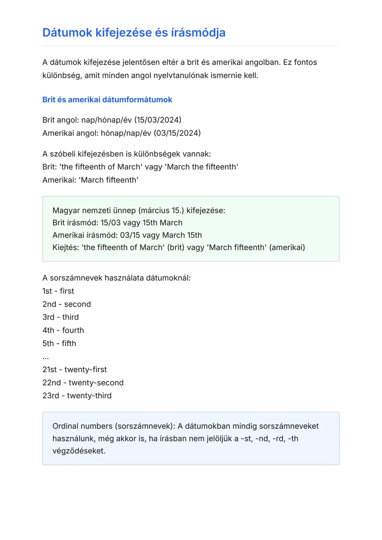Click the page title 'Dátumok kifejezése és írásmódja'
(x=134, y=33)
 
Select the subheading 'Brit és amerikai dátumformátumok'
(x=107, y=100)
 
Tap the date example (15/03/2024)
(x=158, y=120)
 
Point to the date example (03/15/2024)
(x=177, y=133)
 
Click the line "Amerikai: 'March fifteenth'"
(x=90, y=180)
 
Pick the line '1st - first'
(x=58, y=291)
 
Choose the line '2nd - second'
(x=66, y=304)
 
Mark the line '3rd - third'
(x=60, y=317)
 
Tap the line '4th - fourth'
(x=63, y=330)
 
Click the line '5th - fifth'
(x=59, y=343)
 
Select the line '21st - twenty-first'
(x=75, y=370)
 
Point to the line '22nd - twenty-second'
(x=83, y=383)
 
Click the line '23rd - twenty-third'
(x=77, y=396)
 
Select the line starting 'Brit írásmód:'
(x=117, y=223)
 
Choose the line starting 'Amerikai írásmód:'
(x=127, y=235)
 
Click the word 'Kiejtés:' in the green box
(x=66, y=248)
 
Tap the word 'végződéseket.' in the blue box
(x=79, y=451)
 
